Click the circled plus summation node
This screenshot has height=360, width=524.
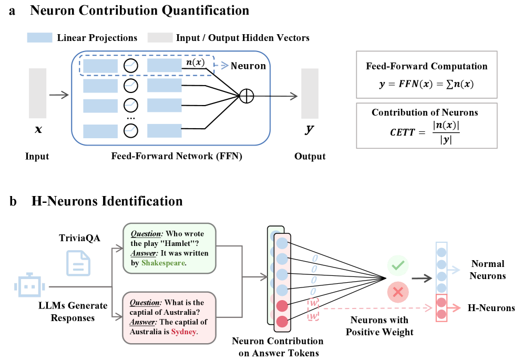click(246, 96)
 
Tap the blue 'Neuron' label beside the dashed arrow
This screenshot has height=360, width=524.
click(248, 66)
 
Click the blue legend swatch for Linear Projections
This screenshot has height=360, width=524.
click(39, 38)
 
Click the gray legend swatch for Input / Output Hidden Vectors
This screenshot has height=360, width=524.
click(159, 38)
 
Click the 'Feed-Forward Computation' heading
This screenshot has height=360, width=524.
click(426, 66)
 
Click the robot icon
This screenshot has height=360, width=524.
click(26, 286)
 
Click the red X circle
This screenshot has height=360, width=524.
click(398, 293)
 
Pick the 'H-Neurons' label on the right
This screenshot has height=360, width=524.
click(491, 308)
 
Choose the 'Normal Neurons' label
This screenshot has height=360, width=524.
click(487, 270)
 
